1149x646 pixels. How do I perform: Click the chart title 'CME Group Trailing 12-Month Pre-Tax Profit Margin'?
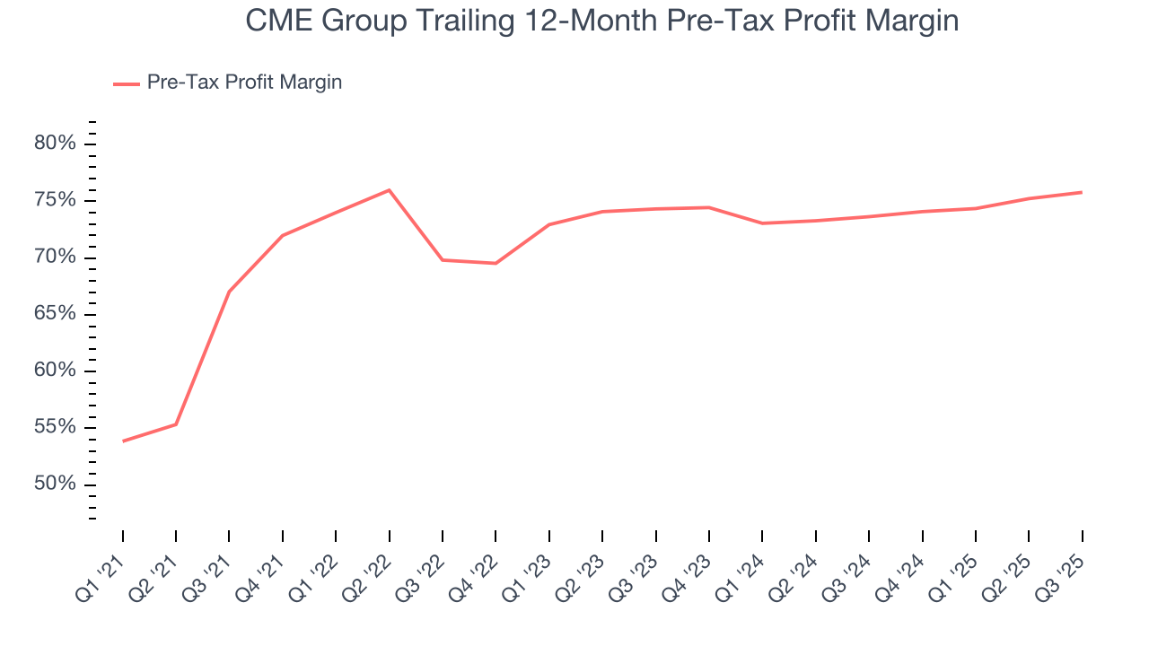602,21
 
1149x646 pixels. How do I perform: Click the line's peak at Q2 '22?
389,190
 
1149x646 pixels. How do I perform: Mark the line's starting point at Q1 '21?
123,441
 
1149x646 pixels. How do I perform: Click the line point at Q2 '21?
176,424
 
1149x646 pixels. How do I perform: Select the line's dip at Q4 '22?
496,263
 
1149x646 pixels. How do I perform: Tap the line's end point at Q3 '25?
1081,192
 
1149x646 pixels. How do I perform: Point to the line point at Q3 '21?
229,292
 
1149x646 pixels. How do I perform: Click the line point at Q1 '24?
762,223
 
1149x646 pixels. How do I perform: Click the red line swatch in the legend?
126,83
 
